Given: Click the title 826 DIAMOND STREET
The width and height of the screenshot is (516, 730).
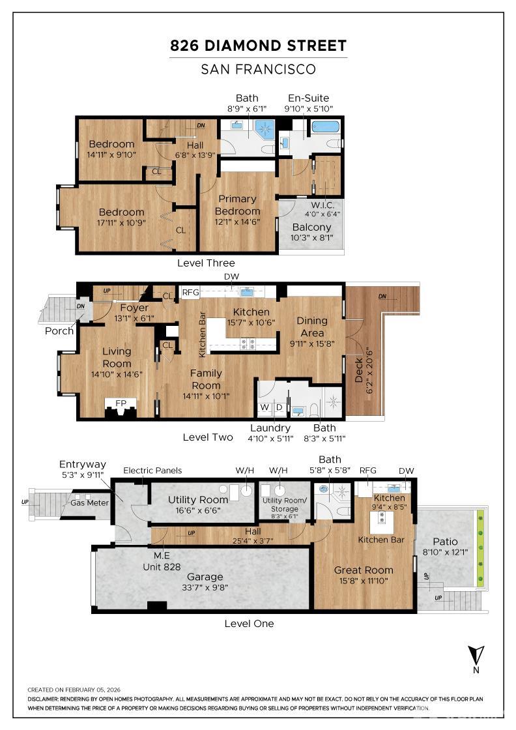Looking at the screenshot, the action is pos(258,46).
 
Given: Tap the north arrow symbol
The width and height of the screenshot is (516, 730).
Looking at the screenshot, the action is pos(476,656).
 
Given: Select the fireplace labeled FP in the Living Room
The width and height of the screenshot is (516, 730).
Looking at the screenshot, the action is pos(121,408).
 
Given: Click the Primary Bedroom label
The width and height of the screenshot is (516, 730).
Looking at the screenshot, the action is pos(237,205).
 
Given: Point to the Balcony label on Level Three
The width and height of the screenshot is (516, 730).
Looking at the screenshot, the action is pos(311,227).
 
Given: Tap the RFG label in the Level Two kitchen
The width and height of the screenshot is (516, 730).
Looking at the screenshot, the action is pos(190,293).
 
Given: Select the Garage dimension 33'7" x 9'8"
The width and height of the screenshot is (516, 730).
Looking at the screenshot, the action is pos(205,587).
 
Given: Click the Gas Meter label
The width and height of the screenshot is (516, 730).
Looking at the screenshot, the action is pos(89,503).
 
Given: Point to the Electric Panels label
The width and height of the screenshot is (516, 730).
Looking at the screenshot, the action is pos(152,470).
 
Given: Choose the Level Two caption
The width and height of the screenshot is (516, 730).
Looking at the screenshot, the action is pos(208,437).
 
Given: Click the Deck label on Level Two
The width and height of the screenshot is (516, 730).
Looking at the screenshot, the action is pos(359,370).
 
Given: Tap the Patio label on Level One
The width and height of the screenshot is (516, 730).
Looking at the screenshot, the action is pos(445,542).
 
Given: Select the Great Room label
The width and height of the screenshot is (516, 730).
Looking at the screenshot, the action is pos(364,570).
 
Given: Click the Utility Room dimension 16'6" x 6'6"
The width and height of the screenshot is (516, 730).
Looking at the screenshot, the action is pos(198,510).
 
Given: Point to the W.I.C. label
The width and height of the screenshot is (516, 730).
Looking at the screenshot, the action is pos(322,205).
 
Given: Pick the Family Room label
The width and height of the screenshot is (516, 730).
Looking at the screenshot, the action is pos(206,379).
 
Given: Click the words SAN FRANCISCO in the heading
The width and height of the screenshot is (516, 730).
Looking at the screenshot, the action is pos(258,69).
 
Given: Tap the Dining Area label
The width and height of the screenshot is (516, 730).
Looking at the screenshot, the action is pos(311,327).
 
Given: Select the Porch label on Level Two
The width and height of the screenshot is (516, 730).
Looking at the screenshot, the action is pos(59,331).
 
